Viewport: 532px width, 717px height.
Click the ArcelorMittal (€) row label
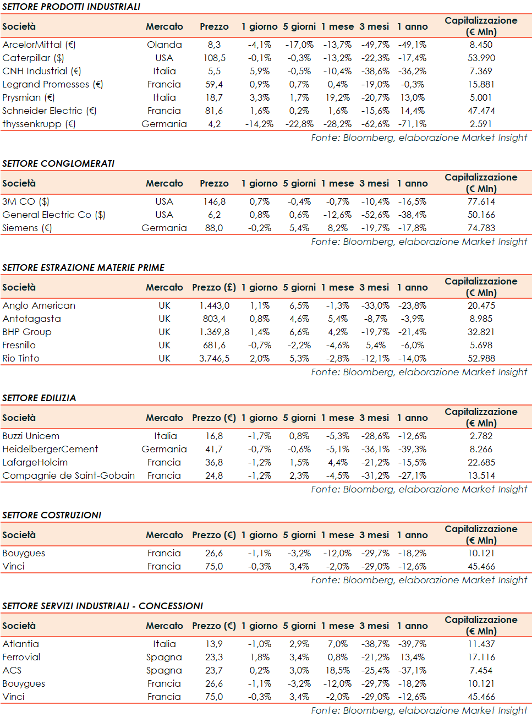pos(39,45)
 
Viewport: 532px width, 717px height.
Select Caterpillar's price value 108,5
pos(214,58)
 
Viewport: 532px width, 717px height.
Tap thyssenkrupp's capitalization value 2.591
pos(481,124)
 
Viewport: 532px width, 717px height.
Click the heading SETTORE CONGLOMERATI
pos(58,163)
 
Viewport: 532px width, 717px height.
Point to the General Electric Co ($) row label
pos(54,215)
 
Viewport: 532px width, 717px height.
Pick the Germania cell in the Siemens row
pos(164,228)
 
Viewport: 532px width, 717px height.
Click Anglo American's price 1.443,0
pos(214,305)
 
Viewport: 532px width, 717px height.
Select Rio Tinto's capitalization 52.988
pos(481,358)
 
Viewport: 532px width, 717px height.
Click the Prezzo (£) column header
pos(214,287)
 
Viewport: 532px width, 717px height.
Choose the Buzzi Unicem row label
pos(31,436)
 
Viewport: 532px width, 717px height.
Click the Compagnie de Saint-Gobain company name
pos(69,475)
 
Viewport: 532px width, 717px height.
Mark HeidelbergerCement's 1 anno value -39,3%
pos(412,449)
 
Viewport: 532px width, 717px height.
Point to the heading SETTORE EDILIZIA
pos(39,398)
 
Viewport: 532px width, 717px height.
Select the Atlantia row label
pos(21,644)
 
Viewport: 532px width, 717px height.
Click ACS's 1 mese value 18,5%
pos(337,670)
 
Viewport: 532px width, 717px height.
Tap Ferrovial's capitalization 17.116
pos(481,657)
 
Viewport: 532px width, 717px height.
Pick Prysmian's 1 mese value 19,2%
pos(337,97)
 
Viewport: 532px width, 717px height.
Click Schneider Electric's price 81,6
pos(214,111)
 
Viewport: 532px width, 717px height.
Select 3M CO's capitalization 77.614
pos(481,201)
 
